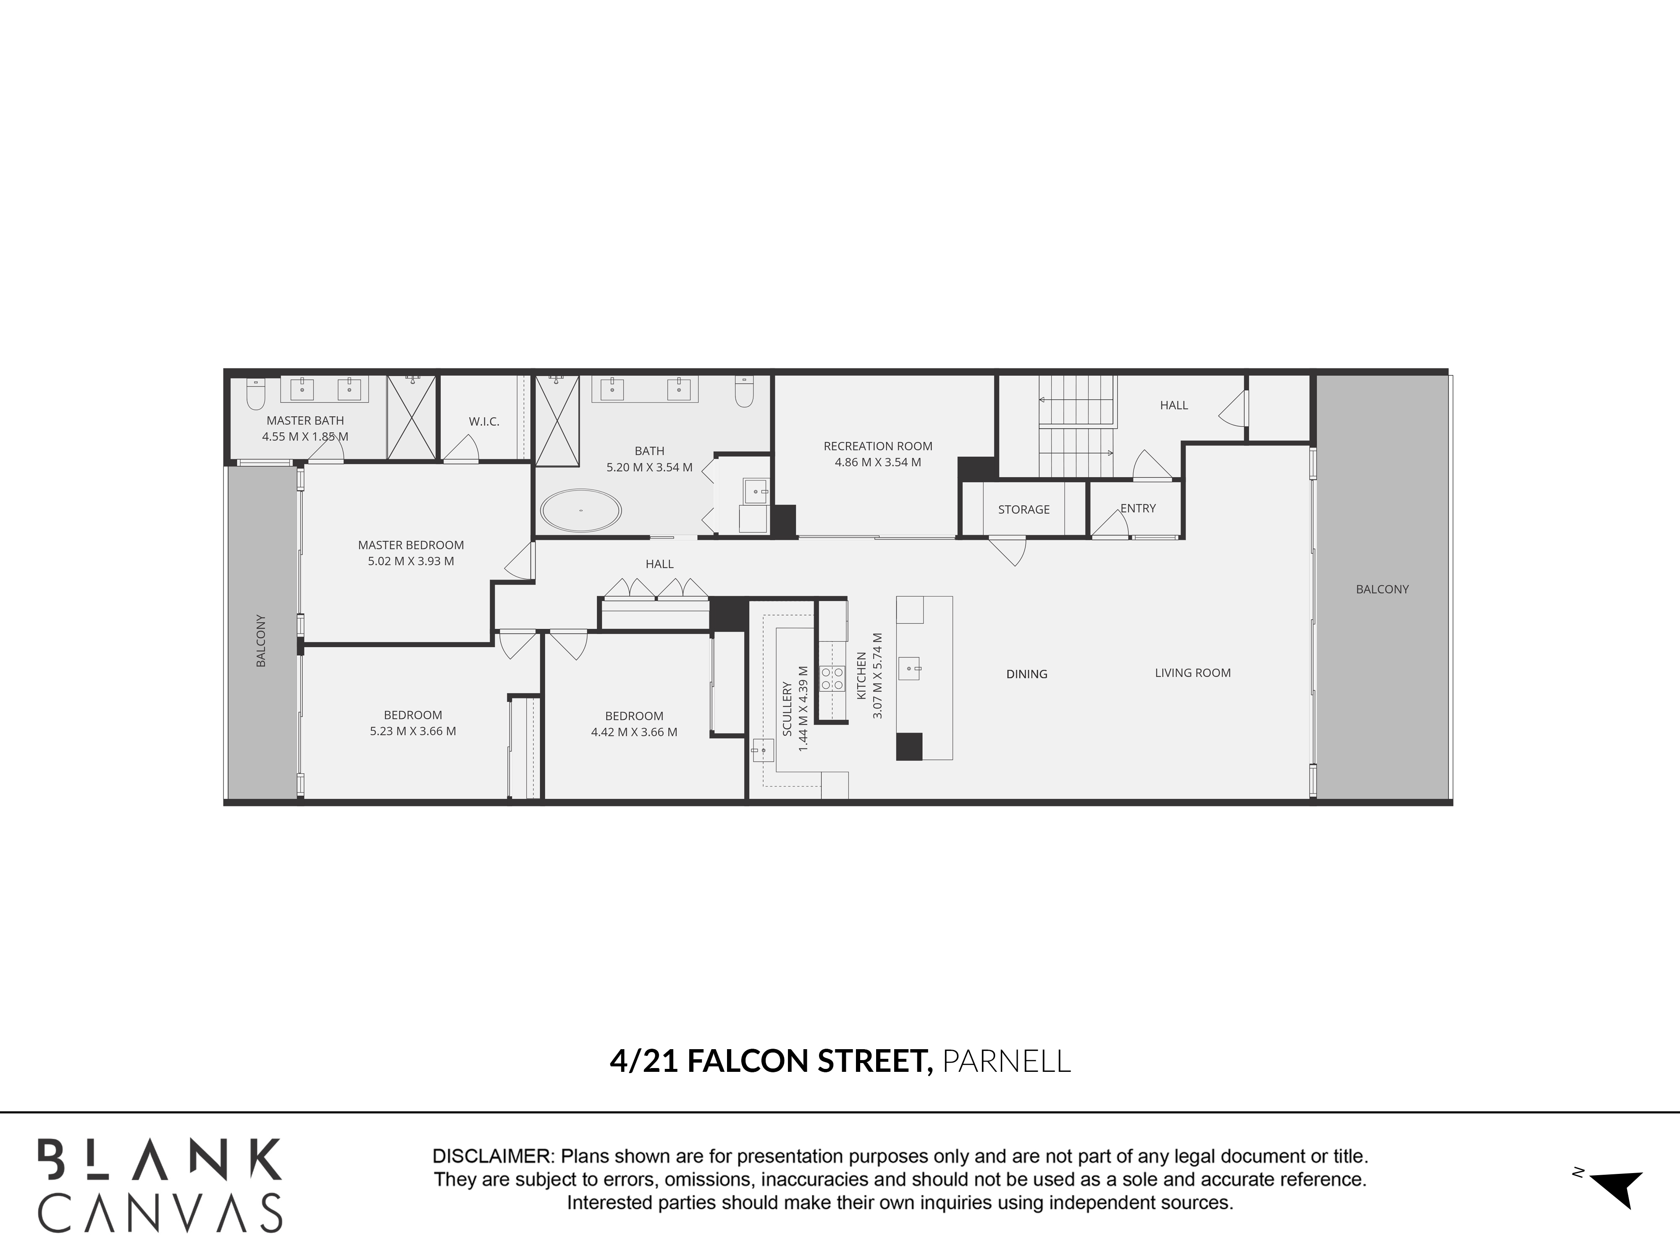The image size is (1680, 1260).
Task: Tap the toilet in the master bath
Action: tap(255, 394)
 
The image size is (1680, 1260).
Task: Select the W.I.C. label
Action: tap(484, 422)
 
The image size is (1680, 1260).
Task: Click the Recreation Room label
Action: tap(878, 446)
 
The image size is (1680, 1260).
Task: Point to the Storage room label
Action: tap(1024, 509)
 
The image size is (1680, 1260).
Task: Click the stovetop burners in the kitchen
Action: tap(832, 677)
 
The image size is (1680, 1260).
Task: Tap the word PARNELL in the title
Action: tap(1006, 1061)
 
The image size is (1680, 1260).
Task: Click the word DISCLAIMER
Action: tap(492, 1157)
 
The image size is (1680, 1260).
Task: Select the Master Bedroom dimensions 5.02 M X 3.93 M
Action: tap(411, 561)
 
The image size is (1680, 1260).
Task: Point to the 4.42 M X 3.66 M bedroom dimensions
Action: tap(634, 732)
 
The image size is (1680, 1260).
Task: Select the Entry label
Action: tap(1138, 508)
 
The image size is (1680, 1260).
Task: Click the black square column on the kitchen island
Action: tap(909, 747)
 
